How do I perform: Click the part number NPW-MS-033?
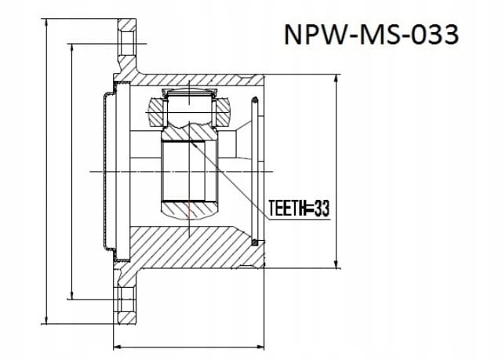pyautogui.click(x=371, y=35)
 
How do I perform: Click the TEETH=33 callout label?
pyautogui.click(x=299, y=209)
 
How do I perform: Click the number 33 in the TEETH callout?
pyautogui.click(x=322, y=209)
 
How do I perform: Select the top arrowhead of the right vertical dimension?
pyautogui.click(x=336, y=80)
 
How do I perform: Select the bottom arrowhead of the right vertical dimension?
pyautogui.click(x=336, y=263)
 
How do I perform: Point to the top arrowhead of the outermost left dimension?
pyautogui.click(x=47, y=24)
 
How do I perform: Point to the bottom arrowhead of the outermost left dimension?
pyautogui.click(x=47, y=318)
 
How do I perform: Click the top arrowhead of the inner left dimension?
pyautogui.click(x=72, y=49)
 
